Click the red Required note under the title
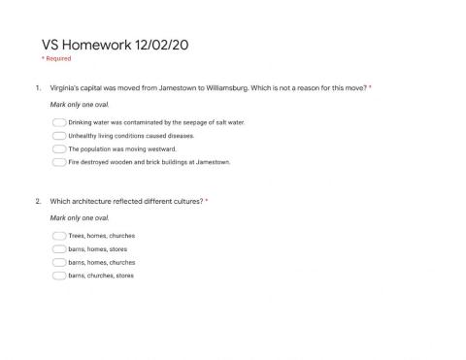[55, 59]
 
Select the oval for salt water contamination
[59, 122]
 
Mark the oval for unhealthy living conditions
[59, 136]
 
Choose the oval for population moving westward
[59, 149]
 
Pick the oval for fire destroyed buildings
[59, 162]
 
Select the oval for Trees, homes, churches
[59, 236]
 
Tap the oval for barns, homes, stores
[59, 249]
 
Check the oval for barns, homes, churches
[59, 262]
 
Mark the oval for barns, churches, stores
[59, 276]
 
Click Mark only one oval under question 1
[72, 104]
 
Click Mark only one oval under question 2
[72, 217]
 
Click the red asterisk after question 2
[206, 200]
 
